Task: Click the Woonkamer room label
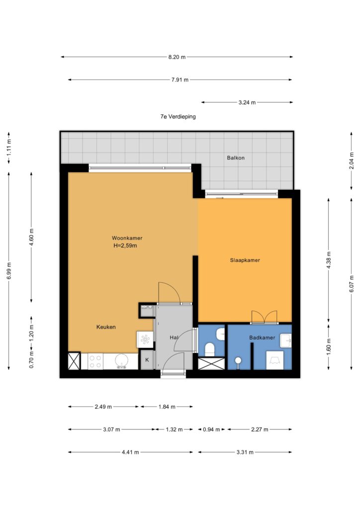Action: coord(127,238)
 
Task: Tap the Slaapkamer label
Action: coord(245,260)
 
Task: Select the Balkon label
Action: coord(236,158)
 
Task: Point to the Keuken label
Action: coord(106,327)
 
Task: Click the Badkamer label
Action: coord(262,338)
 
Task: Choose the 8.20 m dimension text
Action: coord(177,57)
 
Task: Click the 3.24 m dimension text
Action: coord(247,102)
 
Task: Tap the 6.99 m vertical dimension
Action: coord(9,271)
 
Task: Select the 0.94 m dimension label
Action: coord(211,429)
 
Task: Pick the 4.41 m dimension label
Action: coord(130,452)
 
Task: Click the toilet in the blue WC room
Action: coord(210,350)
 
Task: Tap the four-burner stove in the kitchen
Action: coord(95,361)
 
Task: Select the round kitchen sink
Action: coord(122,361)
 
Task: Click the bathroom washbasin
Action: coord(285,340)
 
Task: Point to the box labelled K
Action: coord(147,360)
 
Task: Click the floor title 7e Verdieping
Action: coord(178,116)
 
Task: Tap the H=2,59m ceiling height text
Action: coord(125,246)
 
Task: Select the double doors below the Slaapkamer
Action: coord(264,317)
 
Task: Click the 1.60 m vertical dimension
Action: coord(329,347)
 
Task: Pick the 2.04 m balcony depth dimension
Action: coord(352,161)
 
